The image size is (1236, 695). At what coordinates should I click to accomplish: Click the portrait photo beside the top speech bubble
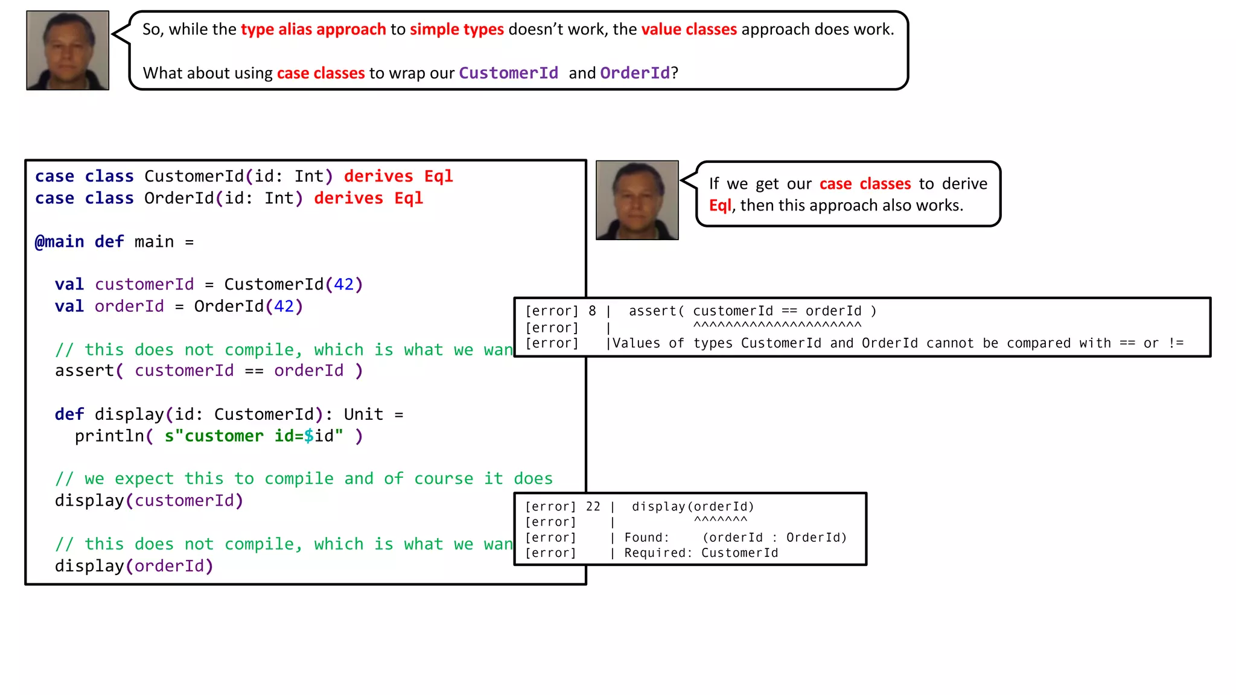(x=68, y=51)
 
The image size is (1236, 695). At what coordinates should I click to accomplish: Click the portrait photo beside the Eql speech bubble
(x=637, y=200)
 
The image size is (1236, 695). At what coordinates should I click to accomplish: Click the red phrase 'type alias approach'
(x=313, y=30)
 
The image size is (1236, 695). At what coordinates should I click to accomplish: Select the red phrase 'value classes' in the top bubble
(x=689, y=30)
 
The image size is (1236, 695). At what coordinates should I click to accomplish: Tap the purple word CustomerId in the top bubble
(x=508, y=73)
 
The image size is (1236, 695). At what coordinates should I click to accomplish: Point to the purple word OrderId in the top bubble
(x=635, y=73)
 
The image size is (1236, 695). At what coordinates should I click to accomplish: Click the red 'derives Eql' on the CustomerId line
(x=398, y=176)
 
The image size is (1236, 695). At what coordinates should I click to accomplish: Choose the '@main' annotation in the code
(x=59, y=242)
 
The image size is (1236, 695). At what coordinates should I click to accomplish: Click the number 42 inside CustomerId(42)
(x=344, y=284)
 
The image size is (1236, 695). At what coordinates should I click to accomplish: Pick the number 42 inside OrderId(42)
(x=284, y=306)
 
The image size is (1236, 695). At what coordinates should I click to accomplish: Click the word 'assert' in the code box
(x=84, y=370)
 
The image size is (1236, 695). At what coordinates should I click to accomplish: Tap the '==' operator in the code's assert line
(x=254, y=370)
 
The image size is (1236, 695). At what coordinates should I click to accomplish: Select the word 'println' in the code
(x=109, y=436)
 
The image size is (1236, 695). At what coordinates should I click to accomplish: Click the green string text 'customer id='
(x=239, y=436)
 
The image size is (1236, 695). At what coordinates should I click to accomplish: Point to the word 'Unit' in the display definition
(x=363, y=414)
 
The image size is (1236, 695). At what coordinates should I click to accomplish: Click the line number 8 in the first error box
(x=592, y=311)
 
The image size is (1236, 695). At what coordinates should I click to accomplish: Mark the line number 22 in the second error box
(x=593, y=507)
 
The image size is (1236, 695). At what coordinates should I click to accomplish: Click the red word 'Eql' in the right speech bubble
(x=720, y=206)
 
